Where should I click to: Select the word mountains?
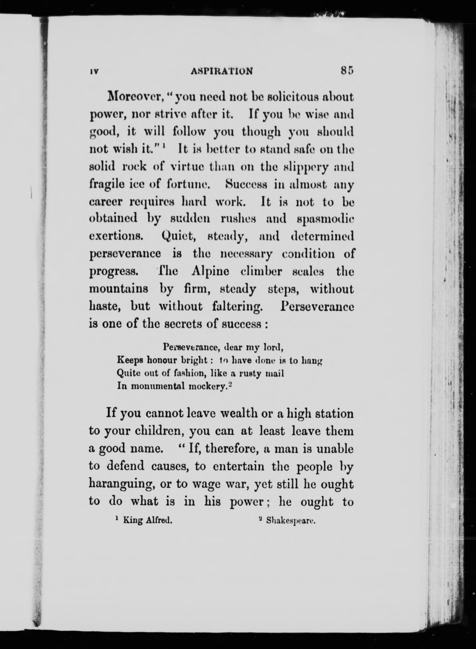119,289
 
